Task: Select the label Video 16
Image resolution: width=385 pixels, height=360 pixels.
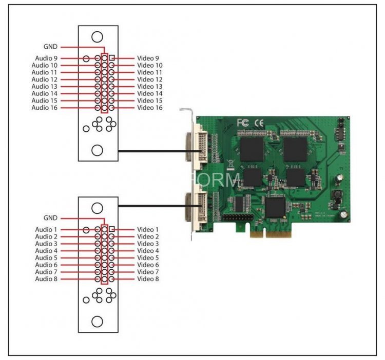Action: [x=150, y=108]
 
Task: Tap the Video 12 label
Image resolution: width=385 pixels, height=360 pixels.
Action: [x=150, y=79]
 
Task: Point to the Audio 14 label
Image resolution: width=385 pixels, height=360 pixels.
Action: [x=45, y=93]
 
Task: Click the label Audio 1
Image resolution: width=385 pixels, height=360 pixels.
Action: [x=47, y=229]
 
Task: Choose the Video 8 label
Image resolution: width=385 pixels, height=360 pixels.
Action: [x=148, y=278]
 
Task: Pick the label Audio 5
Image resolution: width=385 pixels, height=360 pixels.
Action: [x=47, y=257]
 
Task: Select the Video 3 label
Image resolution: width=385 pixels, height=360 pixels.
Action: [x=148, y=244]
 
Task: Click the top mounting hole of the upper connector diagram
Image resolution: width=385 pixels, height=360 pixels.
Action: [x=97, y=36]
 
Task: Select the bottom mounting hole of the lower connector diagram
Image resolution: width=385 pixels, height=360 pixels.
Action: [x=97, y=322]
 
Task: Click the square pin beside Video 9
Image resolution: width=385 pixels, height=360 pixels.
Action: [x=111, y=58]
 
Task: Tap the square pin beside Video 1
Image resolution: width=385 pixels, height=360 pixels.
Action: [x=111, y=229]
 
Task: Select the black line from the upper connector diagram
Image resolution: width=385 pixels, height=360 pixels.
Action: [x=154, y=151]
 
